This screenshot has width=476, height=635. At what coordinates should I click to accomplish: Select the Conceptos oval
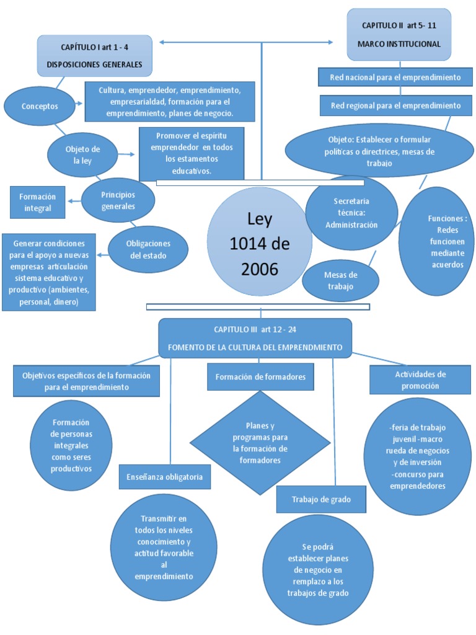40,106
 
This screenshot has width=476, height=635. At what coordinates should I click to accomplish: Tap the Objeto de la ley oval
82,155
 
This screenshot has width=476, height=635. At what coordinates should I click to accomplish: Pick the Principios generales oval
118,200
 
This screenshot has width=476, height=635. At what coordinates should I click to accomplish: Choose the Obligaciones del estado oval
148,249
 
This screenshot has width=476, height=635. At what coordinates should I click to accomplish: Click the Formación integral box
38,202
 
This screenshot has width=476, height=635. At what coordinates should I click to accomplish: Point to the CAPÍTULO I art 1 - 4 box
94,56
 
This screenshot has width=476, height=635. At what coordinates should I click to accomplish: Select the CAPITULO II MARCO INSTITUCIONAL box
399,35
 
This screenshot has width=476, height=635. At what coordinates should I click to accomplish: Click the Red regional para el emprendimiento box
395,106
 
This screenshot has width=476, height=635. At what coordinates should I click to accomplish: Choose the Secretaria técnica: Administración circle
351,213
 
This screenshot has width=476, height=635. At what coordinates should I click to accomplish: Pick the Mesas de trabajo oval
340,281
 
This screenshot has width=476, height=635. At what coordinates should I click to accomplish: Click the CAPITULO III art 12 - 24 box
255,338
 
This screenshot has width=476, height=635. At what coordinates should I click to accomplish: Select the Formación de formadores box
260,376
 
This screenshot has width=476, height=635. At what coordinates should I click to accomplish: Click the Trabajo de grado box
322,500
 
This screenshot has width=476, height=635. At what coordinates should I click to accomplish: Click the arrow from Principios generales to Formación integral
74,200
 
